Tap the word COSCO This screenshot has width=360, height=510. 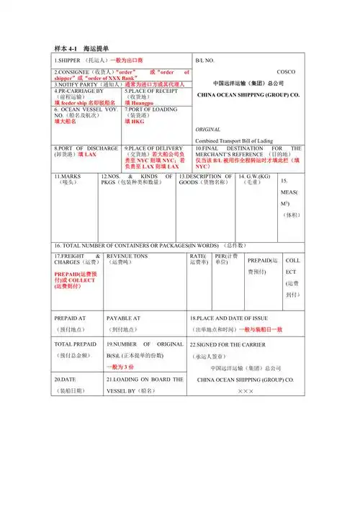pyautogui.click(x=286, y=72)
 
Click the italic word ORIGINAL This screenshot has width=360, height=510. pyautogui.click(x=209, y=129)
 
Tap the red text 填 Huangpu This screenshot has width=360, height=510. pyautogui.click(x=140, y=103)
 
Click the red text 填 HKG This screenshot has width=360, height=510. pyautogui.click(x=135, y=122)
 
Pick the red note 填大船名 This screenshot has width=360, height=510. pyautogui.click(x=65, y=122)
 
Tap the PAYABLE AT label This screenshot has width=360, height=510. pyautogui.click(x=123, y=317)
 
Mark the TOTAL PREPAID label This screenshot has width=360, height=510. pyautogui.click(x=75, y=344)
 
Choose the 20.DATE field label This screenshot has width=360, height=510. pyautogui.click(x=68, y=379)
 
